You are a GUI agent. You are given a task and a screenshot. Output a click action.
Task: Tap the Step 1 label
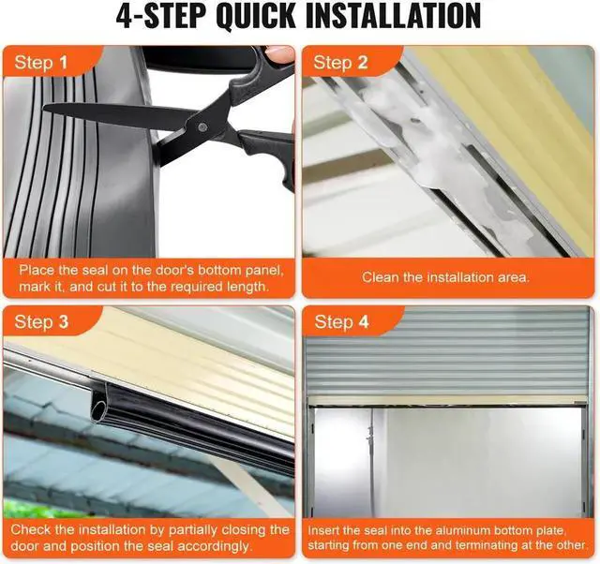coord(41,63)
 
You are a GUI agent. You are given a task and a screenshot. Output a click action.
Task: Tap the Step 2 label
coord(340,63)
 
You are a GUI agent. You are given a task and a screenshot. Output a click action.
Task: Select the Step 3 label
coord(41,322)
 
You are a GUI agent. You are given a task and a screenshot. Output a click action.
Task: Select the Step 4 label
coord(341,322)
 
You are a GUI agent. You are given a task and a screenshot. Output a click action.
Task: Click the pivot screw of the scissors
coord(202,127)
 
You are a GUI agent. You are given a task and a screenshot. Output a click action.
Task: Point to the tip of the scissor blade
coord(44,108)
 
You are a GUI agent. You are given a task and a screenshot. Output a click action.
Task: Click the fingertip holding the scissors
coord(278,53)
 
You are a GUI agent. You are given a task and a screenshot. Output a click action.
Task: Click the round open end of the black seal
coord(97,409)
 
